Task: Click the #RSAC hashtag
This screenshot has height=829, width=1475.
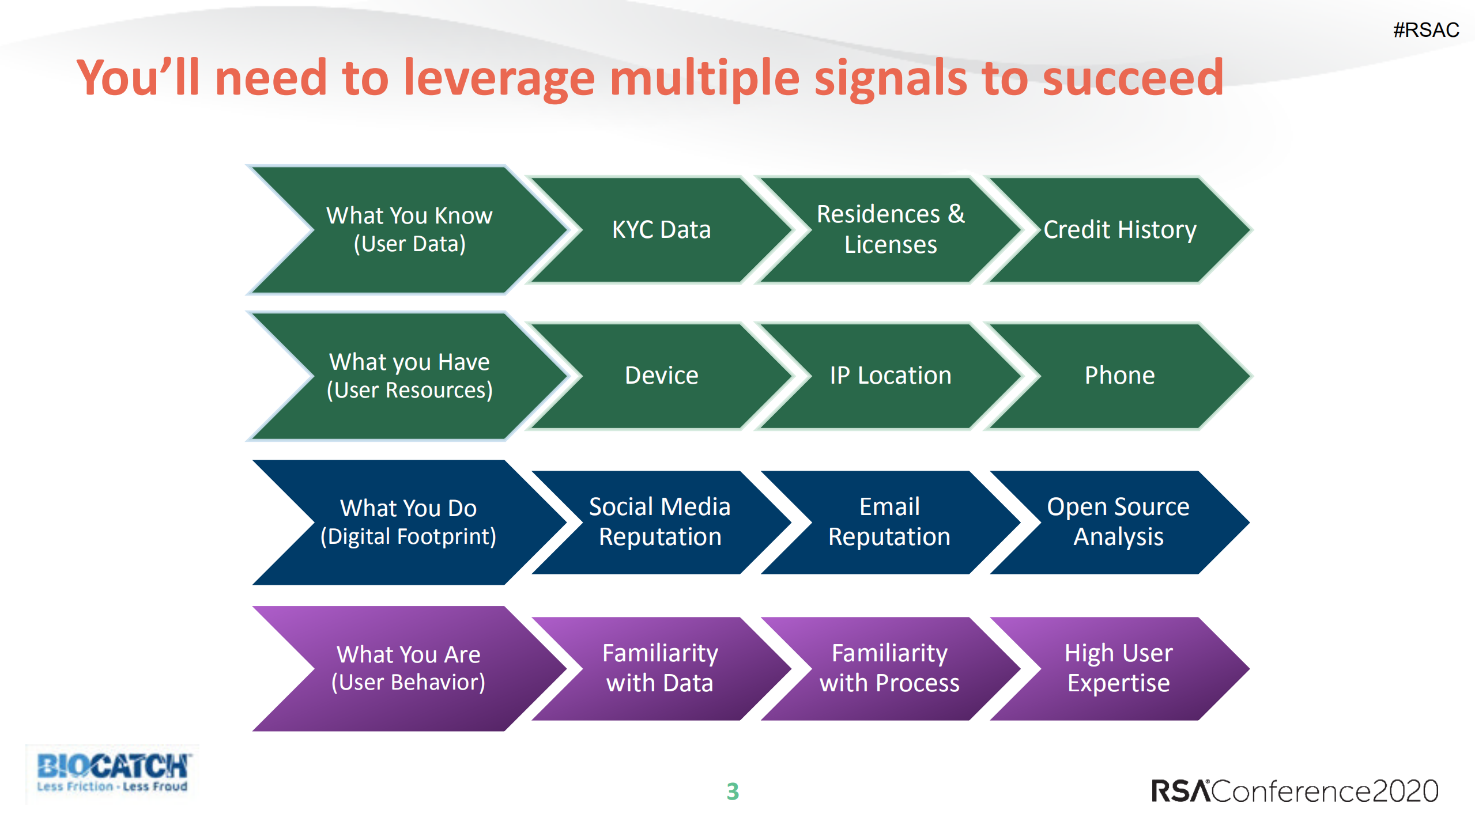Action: (1425, 29)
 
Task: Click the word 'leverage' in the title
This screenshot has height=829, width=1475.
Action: (499, 78)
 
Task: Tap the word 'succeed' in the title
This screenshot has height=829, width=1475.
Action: (1133, 78)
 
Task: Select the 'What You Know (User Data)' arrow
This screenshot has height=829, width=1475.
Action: (409, 230)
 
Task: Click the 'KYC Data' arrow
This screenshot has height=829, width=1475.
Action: (661, 230)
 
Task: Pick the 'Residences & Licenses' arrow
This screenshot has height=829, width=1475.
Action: (891, 230)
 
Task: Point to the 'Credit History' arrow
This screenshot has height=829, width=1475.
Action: (1119, 230)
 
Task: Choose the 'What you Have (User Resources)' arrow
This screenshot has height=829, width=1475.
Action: (409, 376)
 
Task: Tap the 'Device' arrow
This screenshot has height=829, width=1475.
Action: (661, 376)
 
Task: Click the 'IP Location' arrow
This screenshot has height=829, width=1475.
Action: (891, 376)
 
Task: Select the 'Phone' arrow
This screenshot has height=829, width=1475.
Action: (1119, 376)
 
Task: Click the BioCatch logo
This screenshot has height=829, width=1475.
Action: (112, 773)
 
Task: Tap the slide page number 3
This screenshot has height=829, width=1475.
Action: (733, 792)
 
